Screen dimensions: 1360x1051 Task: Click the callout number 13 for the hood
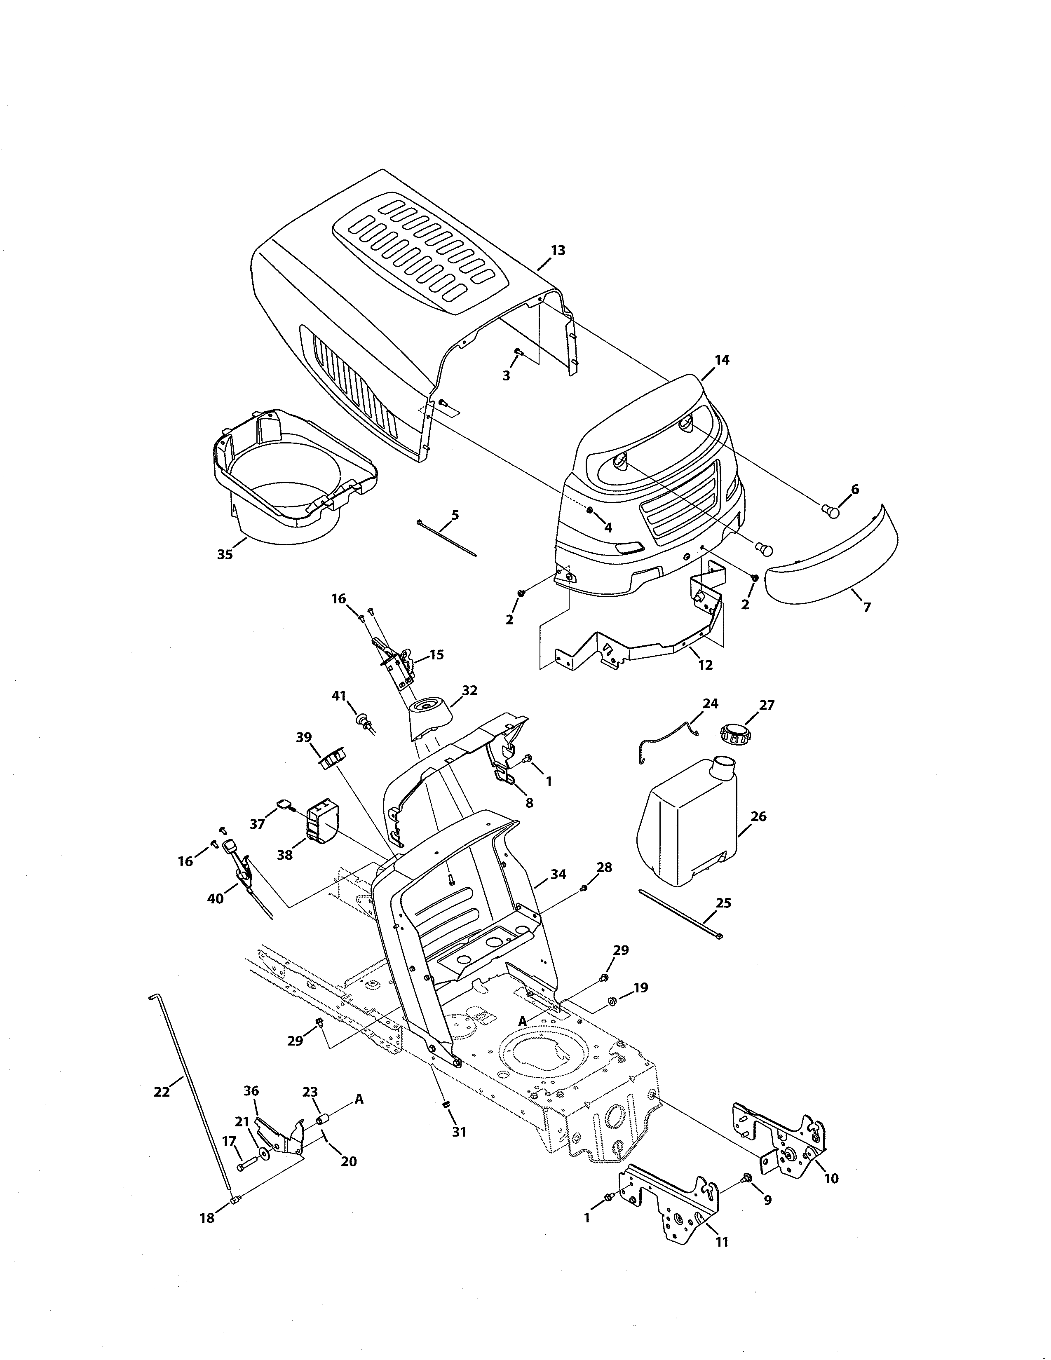[x=558, y=250]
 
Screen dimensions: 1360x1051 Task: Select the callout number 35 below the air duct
[x=225, y=554]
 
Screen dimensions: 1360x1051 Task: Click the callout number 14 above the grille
[x=722, y=360]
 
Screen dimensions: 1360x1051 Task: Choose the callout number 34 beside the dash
[x=558, y=874]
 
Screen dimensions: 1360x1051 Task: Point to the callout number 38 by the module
[x=284, y=855]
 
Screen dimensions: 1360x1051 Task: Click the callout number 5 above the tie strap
[x=455, y=515]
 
